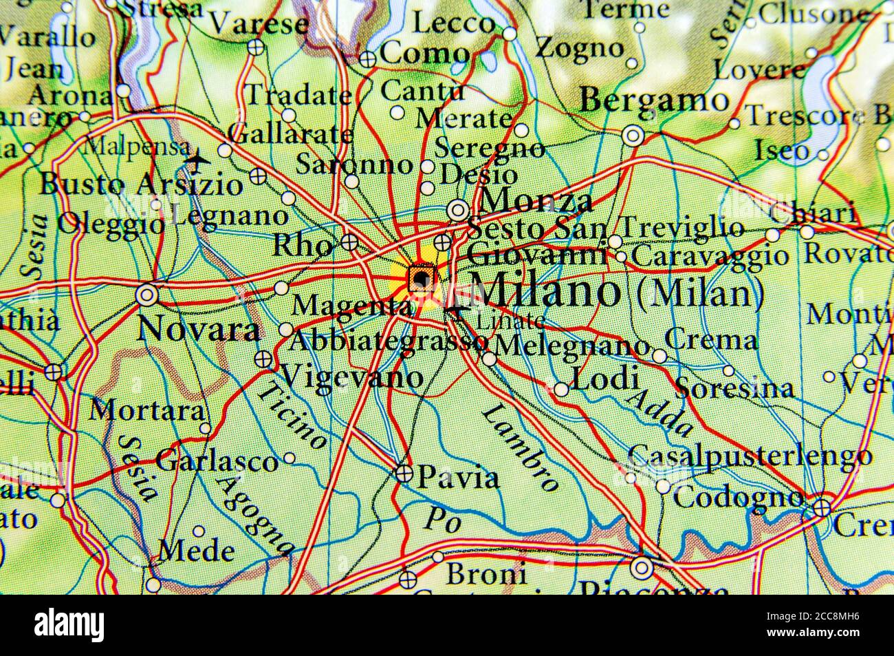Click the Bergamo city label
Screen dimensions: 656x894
[654, 102]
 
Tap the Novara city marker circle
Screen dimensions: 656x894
[146, 295]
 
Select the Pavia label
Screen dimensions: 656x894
[459, 476]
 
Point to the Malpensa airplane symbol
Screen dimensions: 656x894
[198, 162]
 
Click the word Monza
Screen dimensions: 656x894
[536, 201]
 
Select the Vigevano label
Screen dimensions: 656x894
[352, 377]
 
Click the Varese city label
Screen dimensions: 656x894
[259, 24]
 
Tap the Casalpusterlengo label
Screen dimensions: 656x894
[750, 455]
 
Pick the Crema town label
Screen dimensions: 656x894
[711, 340]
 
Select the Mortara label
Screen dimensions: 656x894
[148, 411]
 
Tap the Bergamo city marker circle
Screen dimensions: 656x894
[633, 136]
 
